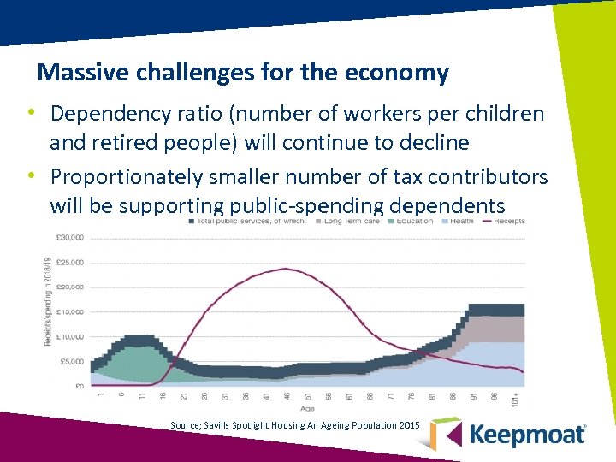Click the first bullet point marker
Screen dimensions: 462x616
(x=30, y=113)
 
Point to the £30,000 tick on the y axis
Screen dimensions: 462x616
(x=69, y=237)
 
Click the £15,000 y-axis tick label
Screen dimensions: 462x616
(x=69, y=312)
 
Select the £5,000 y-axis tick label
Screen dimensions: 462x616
(x=71, y=362)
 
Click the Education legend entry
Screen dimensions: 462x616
(x=414, y=221)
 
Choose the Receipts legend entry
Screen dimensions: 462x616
(x=508, y=221)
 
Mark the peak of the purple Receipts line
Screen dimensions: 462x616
(x=282, y=269)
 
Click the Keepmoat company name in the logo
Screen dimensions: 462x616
(x=527, y=434)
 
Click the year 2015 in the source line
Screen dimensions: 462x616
(x=410, y=424)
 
